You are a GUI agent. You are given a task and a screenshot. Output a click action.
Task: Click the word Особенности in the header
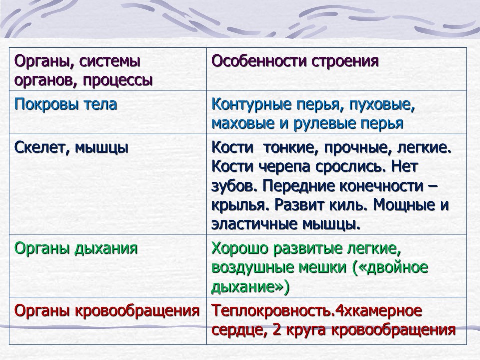point(259,61)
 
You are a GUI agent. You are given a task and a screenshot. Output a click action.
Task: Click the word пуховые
point(381,105)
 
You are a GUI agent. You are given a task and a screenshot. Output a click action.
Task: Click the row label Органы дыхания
point(76,248)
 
